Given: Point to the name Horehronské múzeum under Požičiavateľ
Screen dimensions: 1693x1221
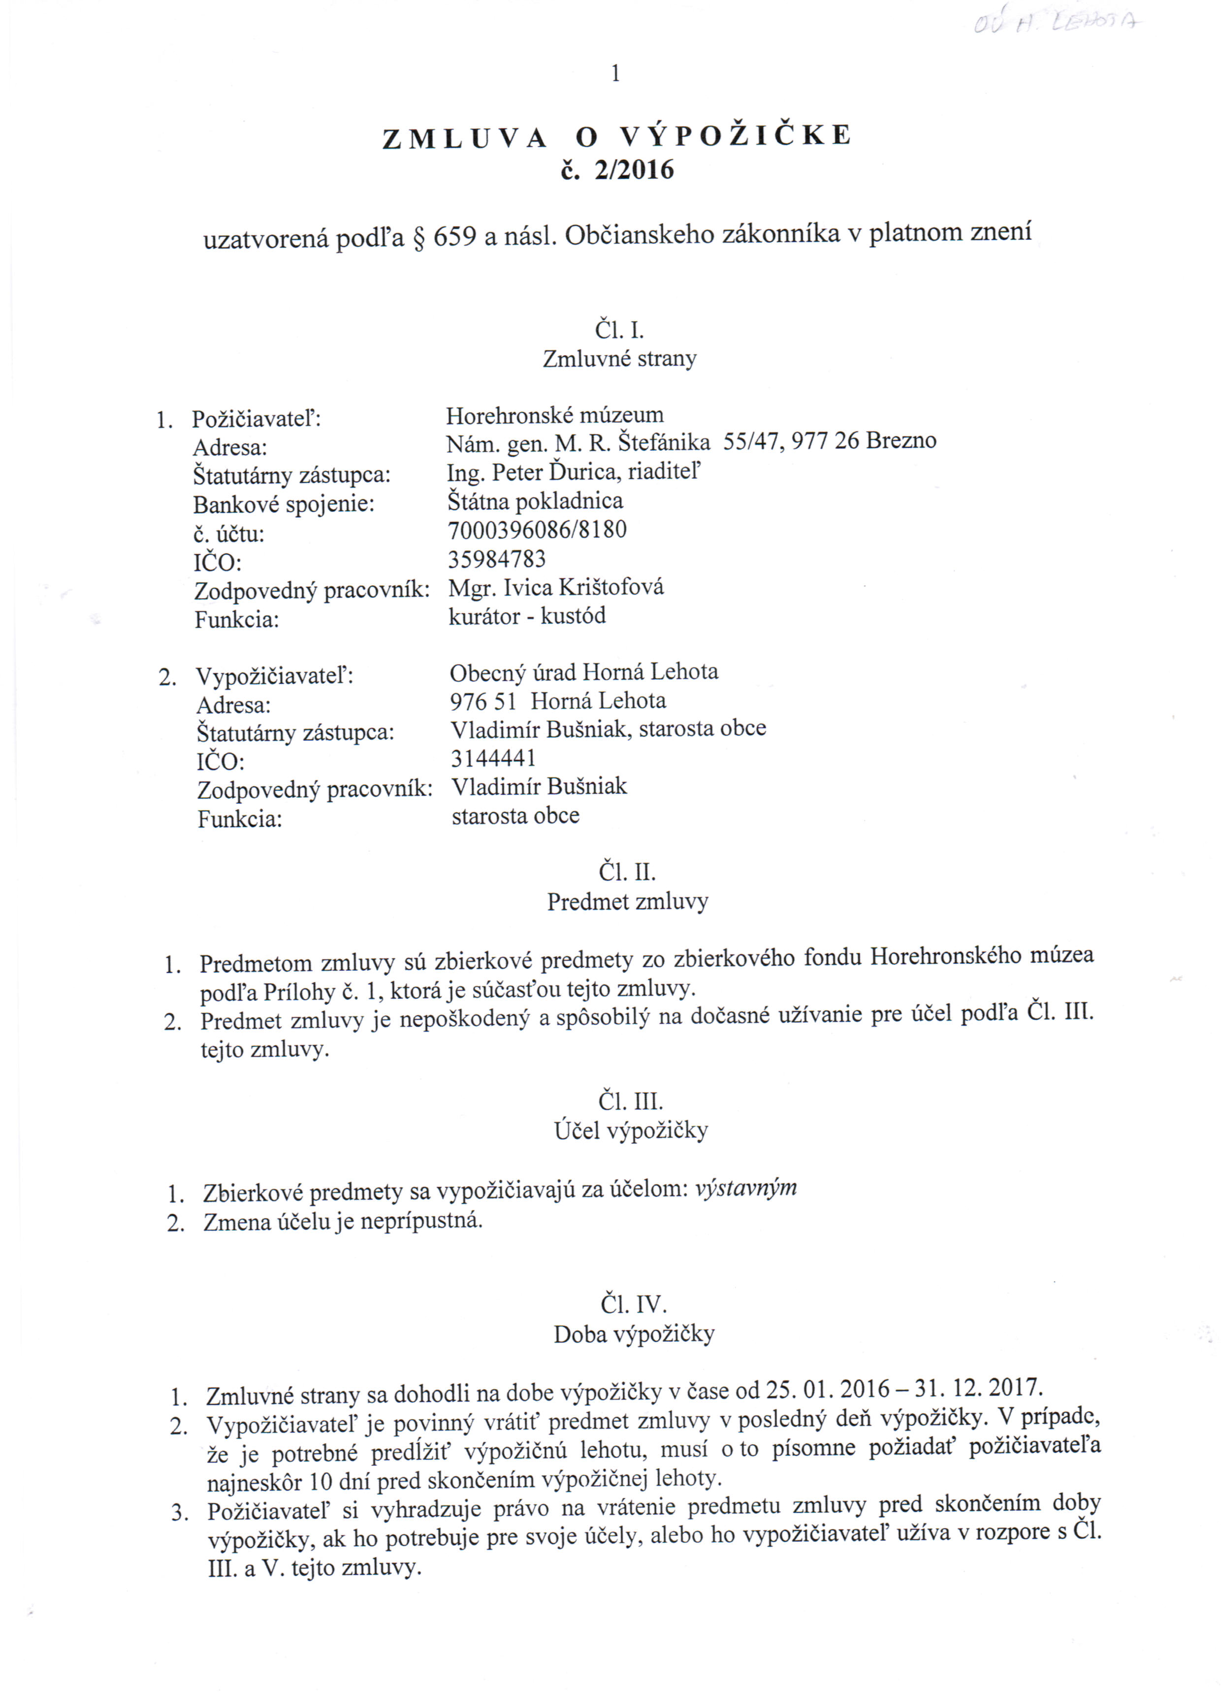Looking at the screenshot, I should coord(554,415).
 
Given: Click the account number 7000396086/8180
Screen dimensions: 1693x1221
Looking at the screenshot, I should coord(537,530).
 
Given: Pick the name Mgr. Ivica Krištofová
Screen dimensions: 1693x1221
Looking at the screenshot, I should coord(555,588).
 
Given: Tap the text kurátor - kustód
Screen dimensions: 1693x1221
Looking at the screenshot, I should coord(527,617).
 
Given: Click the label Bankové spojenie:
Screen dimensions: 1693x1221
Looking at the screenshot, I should coord(284,504).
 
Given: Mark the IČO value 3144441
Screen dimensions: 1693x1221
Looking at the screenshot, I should coord(493,759).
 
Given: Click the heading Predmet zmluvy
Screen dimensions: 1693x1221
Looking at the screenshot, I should coord(627,902).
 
